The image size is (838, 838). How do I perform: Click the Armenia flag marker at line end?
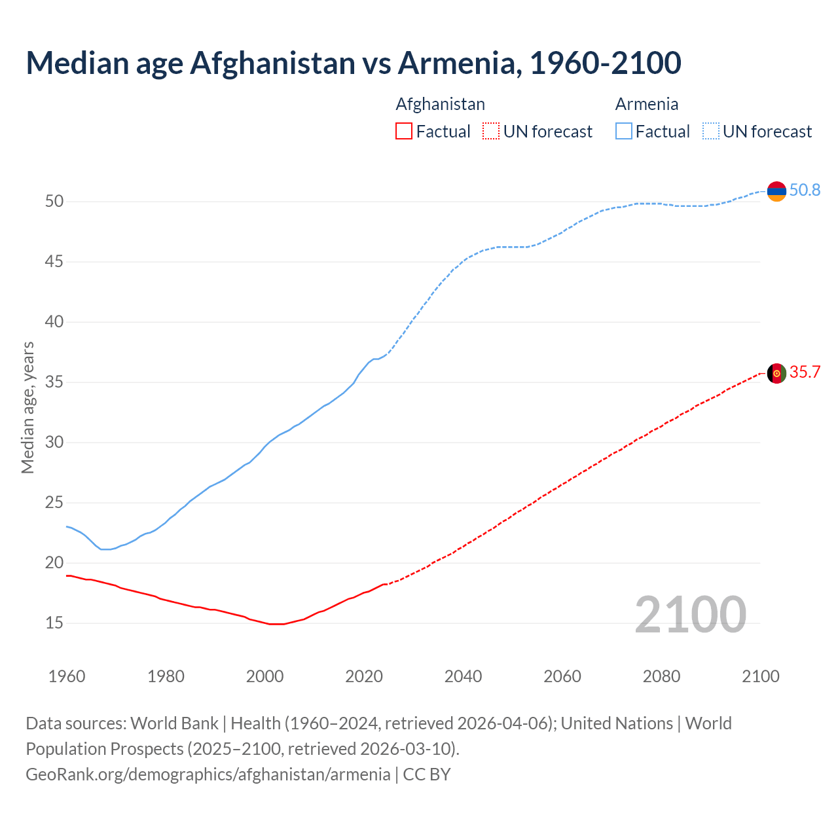776,191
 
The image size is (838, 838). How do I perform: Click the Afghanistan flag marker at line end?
776,373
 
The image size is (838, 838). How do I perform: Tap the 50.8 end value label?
805,191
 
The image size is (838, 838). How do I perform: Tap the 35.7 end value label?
805,373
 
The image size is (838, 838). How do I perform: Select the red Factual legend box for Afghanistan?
404,132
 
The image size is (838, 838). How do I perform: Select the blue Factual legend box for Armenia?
624,132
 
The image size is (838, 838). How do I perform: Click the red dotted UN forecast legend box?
491,132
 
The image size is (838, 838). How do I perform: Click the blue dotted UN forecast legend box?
711,132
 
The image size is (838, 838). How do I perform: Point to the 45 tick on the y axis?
54,262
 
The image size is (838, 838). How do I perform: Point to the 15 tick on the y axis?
54,623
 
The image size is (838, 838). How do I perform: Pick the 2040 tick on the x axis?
463,676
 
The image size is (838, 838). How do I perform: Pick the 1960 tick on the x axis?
67,676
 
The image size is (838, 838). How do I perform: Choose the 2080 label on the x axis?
661,676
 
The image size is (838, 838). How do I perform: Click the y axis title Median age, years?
27,407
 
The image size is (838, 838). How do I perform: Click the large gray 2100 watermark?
690,614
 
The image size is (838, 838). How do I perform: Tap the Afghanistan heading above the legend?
440,104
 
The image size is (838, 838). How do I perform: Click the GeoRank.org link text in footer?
208,774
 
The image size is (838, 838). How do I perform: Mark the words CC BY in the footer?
427,774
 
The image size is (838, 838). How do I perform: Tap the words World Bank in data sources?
174,723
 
